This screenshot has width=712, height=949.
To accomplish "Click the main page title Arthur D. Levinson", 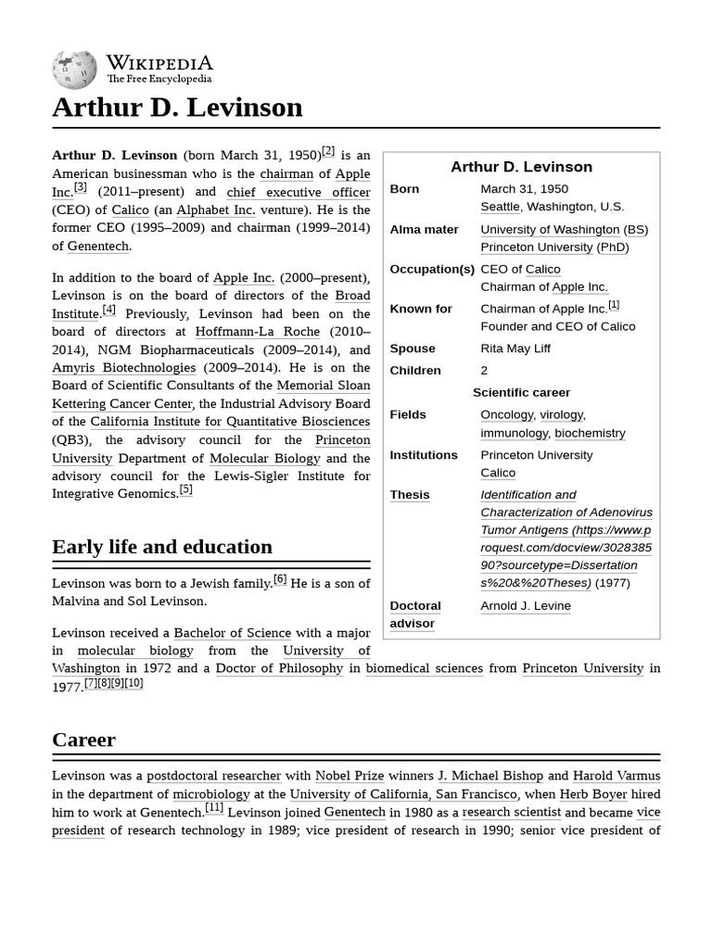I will coord(177,108).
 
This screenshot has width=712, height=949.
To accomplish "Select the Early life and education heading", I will coord(162,547).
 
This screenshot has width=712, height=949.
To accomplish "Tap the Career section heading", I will coord(84,740).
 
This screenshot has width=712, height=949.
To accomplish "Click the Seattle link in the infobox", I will coord(500,207).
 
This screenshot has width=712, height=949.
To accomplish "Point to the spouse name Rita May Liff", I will coord(515,348).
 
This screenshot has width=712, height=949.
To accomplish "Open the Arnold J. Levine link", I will coord(525,606).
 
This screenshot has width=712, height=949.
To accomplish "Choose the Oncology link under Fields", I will coord(506,415).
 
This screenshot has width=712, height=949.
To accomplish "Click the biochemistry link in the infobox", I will coord(590,433).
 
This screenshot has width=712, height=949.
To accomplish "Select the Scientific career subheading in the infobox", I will coord(521,393).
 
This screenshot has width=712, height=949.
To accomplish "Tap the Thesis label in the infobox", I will coord(409,495).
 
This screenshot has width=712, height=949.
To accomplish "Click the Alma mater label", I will coord(424,230).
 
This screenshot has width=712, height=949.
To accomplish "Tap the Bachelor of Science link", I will coord(233,633).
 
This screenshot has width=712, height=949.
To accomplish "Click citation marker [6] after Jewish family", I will coord(280,580).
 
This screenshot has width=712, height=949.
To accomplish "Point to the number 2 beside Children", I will coord(484,371).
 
